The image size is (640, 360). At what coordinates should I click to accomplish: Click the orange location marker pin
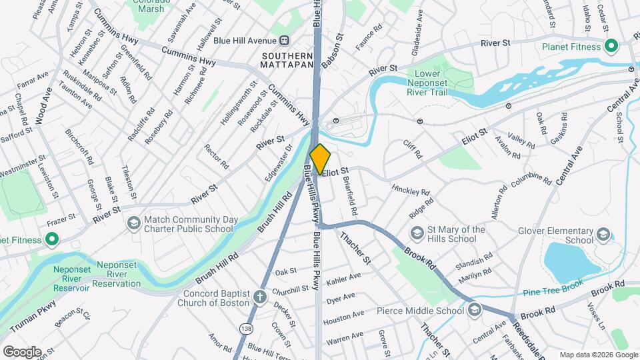pos(320,159)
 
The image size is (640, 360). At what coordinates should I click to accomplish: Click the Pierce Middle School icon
pos(474,309)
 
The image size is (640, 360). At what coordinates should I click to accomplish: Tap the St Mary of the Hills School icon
pos(417,234)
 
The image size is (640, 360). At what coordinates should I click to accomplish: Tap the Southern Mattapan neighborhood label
pos(287,61)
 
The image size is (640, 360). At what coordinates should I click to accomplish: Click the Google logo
pos(22,351)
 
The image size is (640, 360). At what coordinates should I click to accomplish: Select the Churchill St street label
pos(291,289)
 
